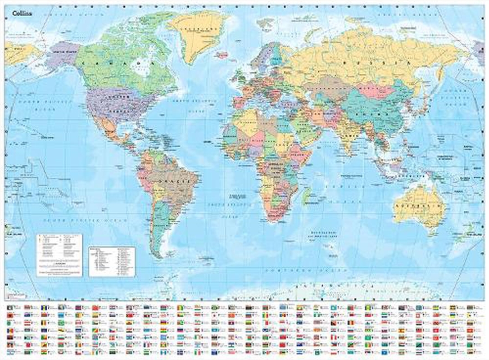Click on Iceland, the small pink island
221,55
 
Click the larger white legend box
59,254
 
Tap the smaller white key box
112,261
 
